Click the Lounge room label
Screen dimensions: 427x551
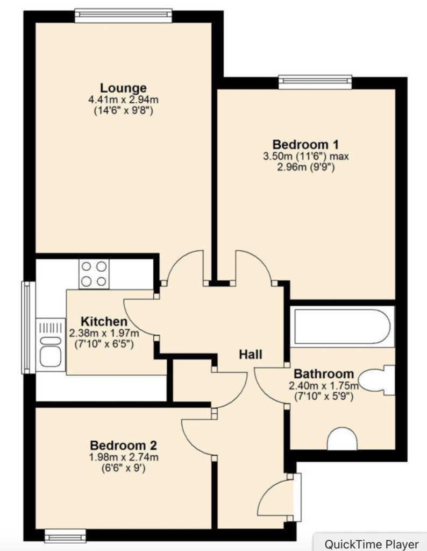tap(123, 88)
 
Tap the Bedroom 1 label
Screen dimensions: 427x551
tap(305, 144)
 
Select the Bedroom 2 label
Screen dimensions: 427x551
tap(123, 446)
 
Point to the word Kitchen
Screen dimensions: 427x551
tap(104, 322)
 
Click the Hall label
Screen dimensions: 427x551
tap(251, 354)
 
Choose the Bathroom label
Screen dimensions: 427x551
tap(323, 374)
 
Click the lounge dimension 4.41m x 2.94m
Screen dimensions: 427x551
tap(123, 100)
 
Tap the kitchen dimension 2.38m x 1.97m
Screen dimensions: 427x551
tap(104, 333)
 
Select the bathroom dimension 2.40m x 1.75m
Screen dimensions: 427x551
tap(323, 386)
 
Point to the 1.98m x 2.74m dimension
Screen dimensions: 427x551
tap(123, 457)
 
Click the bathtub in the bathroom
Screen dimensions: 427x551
tap(342, 327)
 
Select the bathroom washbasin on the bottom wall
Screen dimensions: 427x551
tap(343, 439)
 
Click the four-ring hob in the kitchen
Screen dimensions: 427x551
tap(94, 274)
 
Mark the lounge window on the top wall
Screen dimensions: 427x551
tap(123, 16)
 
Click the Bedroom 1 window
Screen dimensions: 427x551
tap(315, 82)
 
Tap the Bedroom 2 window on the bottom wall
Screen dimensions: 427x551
tap(66, 535)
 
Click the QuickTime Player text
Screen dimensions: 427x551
tap(372, 544)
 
